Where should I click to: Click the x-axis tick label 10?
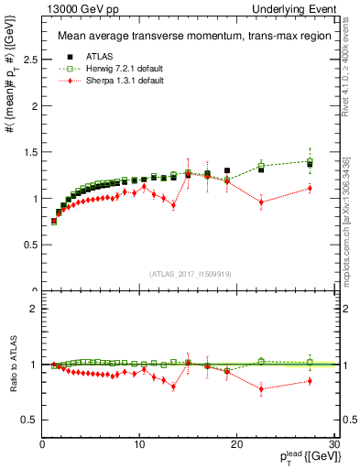(x=139, y=444)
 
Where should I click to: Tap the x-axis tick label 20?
(x=236, y=444)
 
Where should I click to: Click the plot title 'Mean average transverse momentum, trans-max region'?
(x=187, y=38)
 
